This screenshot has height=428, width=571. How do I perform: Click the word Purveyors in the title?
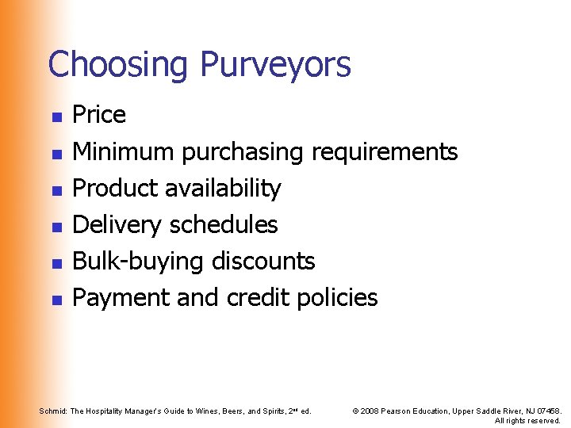click(275, 64)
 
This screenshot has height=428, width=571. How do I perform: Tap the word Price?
click(99, 115)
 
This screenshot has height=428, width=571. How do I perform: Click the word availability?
click(223, 189)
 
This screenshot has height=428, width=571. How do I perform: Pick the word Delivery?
click(116, 225)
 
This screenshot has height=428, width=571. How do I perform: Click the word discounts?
click(265, 262)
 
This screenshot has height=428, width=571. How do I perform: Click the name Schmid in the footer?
click(52, 411)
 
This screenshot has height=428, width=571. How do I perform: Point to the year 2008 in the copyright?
click(370, 411)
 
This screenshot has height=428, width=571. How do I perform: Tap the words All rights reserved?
click(527, 420)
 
